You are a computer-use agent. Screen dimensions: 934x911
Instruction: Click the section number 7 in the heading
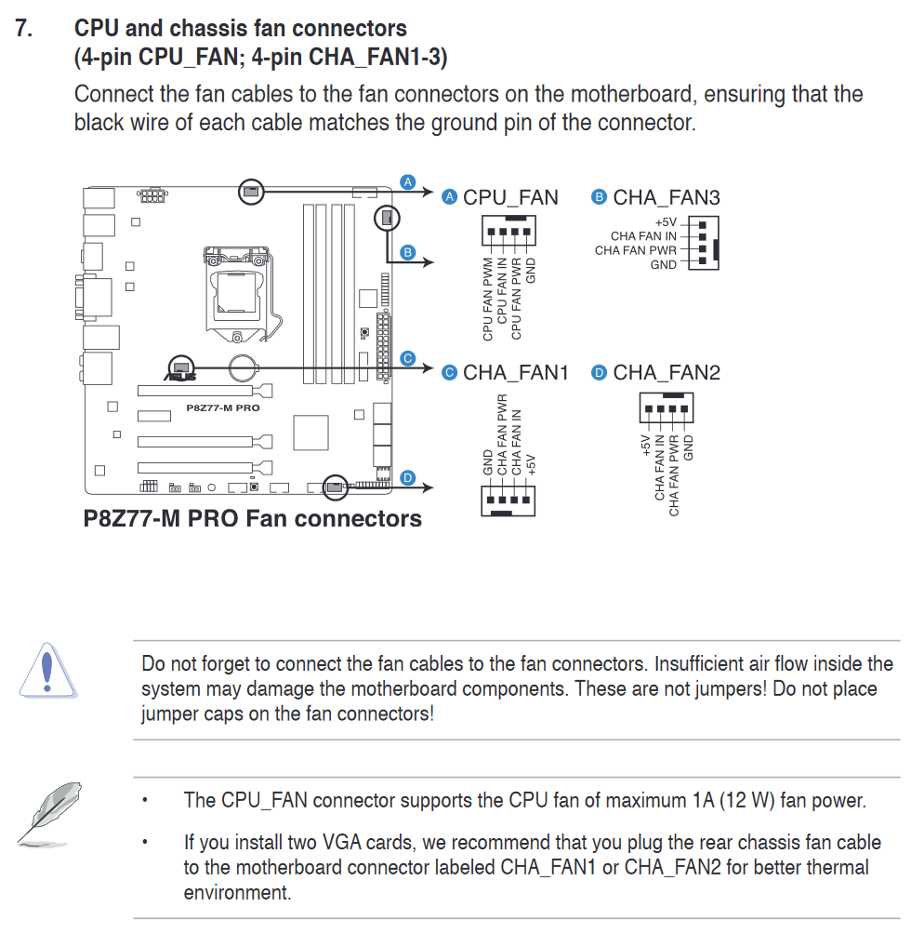24,29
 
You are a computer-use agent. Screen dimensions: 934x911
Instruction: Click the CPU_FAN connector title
510,197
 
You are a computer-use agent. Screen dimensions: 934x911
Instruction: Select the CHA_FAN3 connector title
666,197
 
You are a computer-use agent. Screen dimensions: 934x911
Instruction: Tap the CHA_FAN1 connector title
515,373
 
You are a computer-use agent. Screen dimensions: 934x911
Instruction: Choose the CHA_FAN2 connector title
667,373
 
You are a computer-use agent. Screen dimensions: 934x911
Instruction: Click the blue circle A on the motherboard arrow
407,180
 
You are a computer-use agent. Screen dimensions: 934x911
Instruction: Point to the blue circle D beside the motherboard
407,477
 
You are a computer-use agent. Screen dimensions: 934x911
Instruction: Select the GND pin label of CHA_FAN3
663,265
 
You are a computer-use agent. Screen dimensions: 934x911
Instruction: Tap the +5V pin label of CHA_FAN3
666,223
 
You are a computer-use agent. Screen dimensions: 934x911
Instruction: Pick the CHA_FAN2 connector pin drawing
667,407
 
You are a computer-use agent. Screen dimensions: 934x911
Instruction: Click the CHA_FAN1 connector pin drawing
507,500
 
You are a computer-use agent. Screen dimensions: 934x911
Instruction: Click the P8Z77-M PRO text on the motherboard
223,407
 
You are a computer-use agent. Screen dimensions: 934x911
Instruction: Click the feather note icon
46,815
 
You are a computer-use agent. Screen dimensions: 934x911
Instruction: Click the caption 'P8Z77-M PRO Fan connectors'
253,518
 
